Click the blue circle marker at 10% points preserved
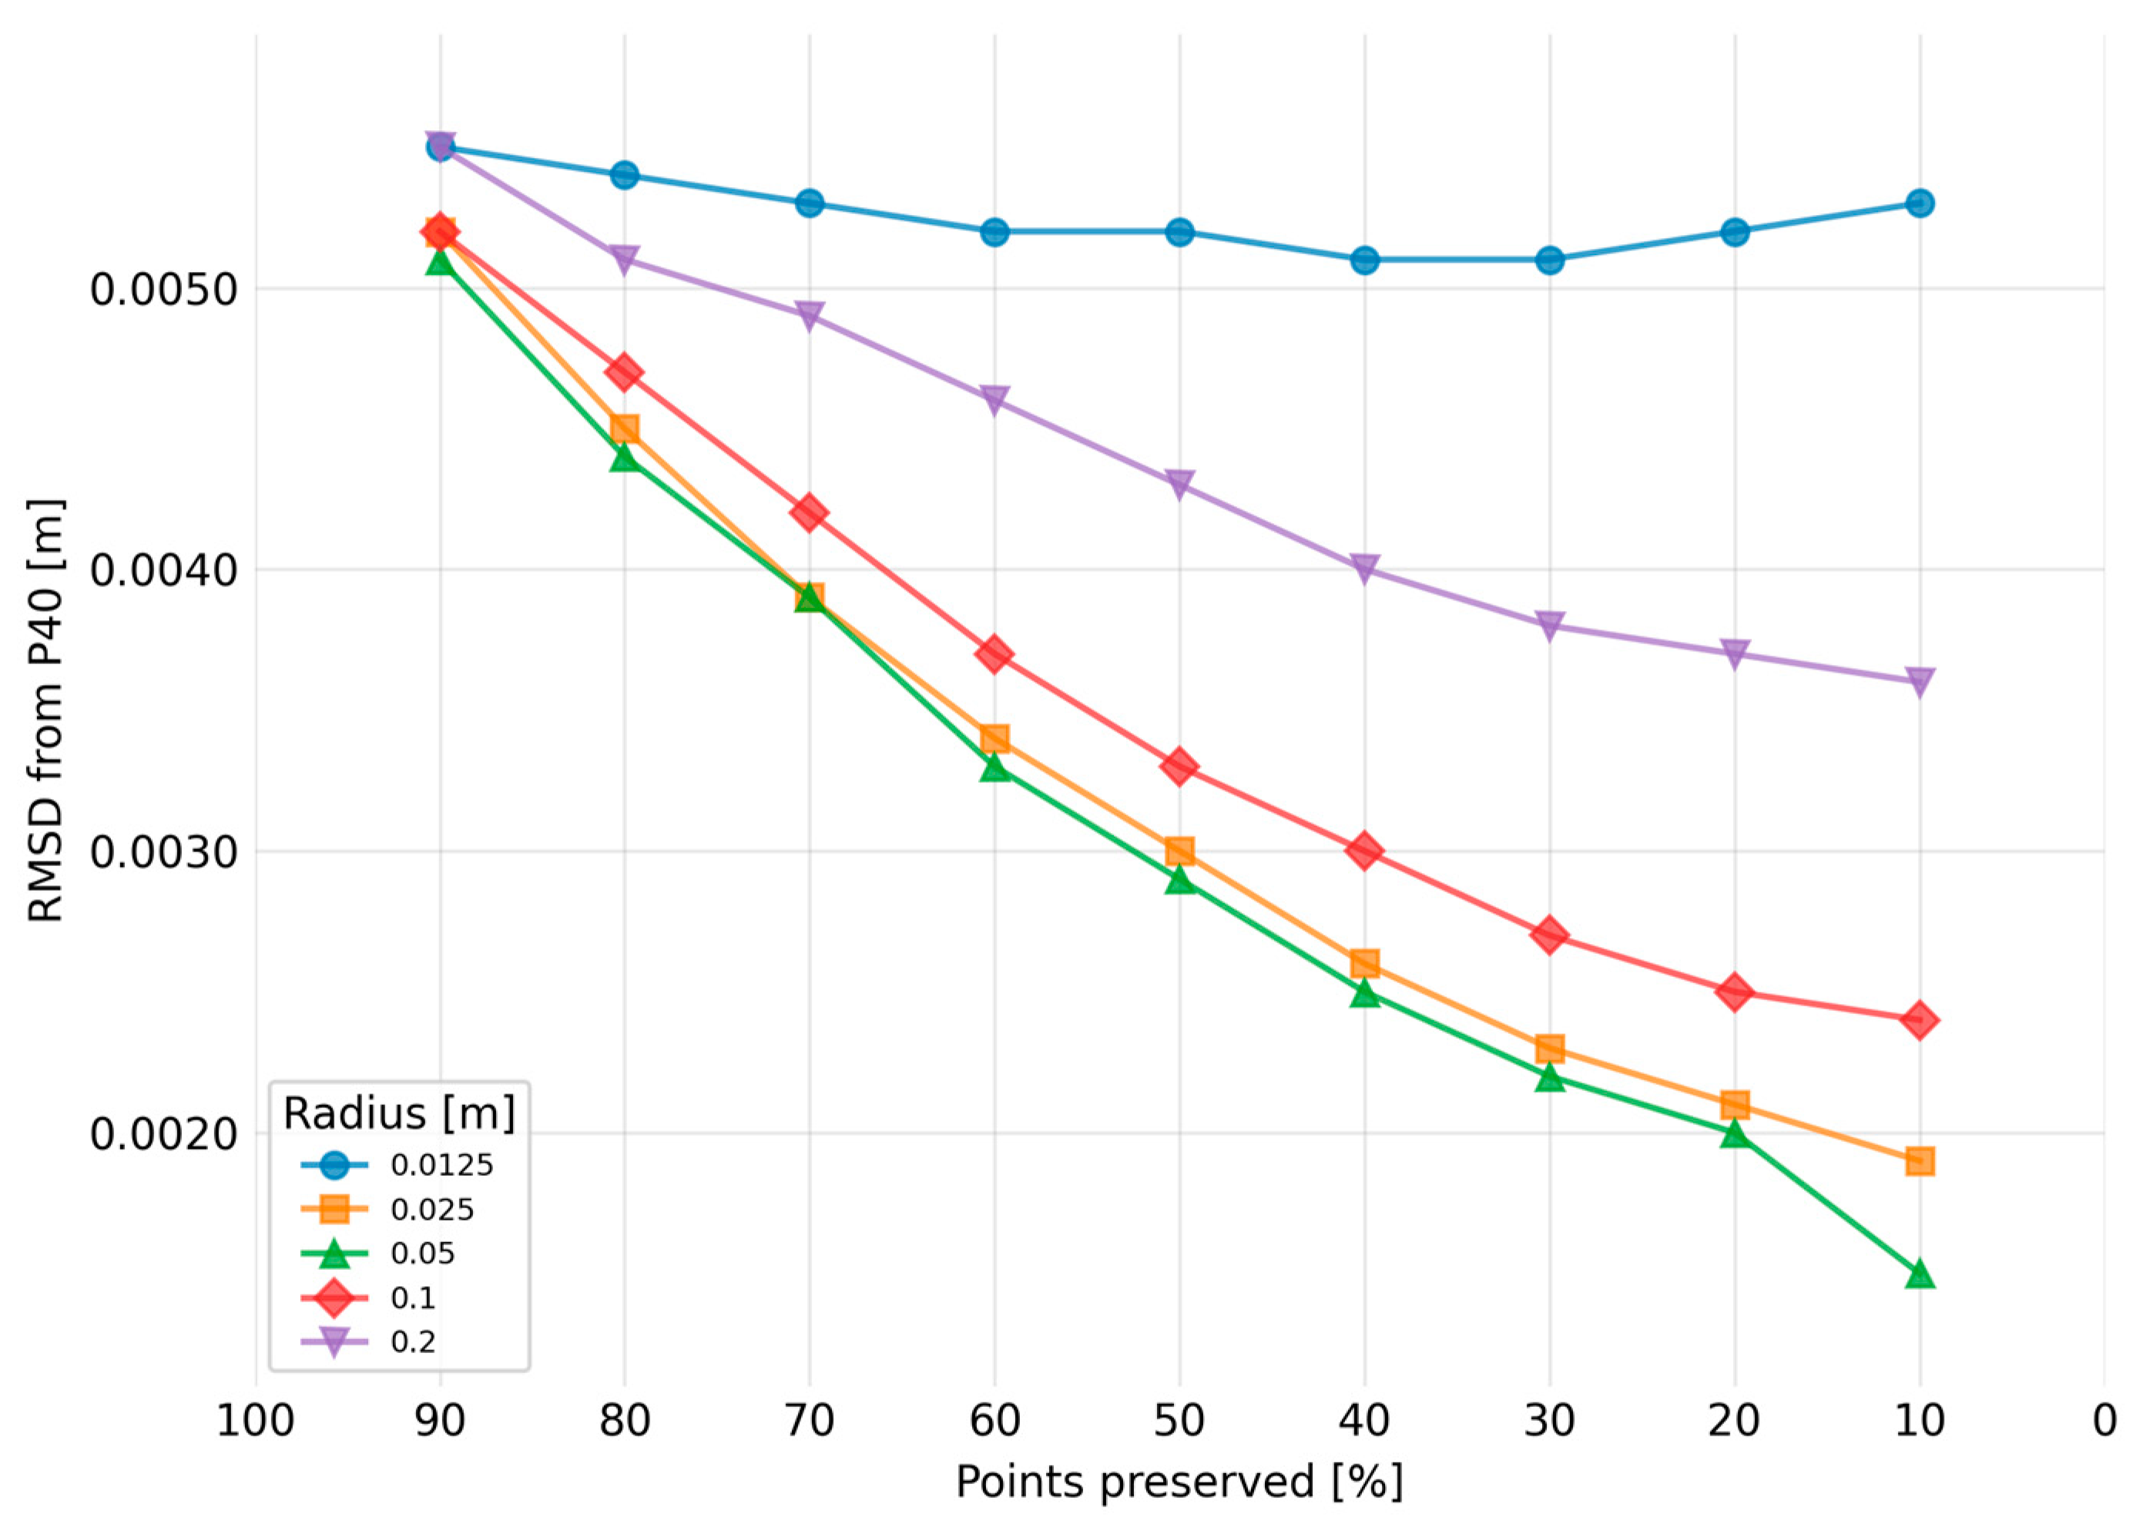click(1920, 203)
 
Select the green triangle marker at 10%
click(1920, 1275)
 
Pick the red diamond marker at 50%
click(1179, 767)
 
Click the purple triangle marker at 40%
click(1363, 569)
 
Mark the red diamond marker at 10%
click(1920, 1020)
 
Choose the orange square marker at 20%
click(1735, 1105)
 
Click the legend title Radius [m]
click(400, 1113)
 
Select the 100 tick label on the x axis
click(256, 1421)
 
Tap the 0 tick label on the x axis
click(2104, 1421)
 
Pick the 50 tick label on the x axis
click(1179, 1421)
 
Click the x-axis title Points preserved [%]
click(1179, 1482)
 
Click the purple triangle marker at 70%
click(809, 316)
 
